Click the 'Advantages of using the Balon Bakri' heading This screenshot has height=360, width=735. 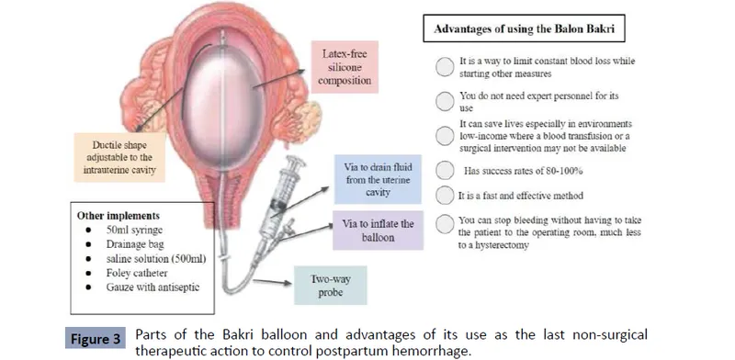[x=519, y=28]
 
